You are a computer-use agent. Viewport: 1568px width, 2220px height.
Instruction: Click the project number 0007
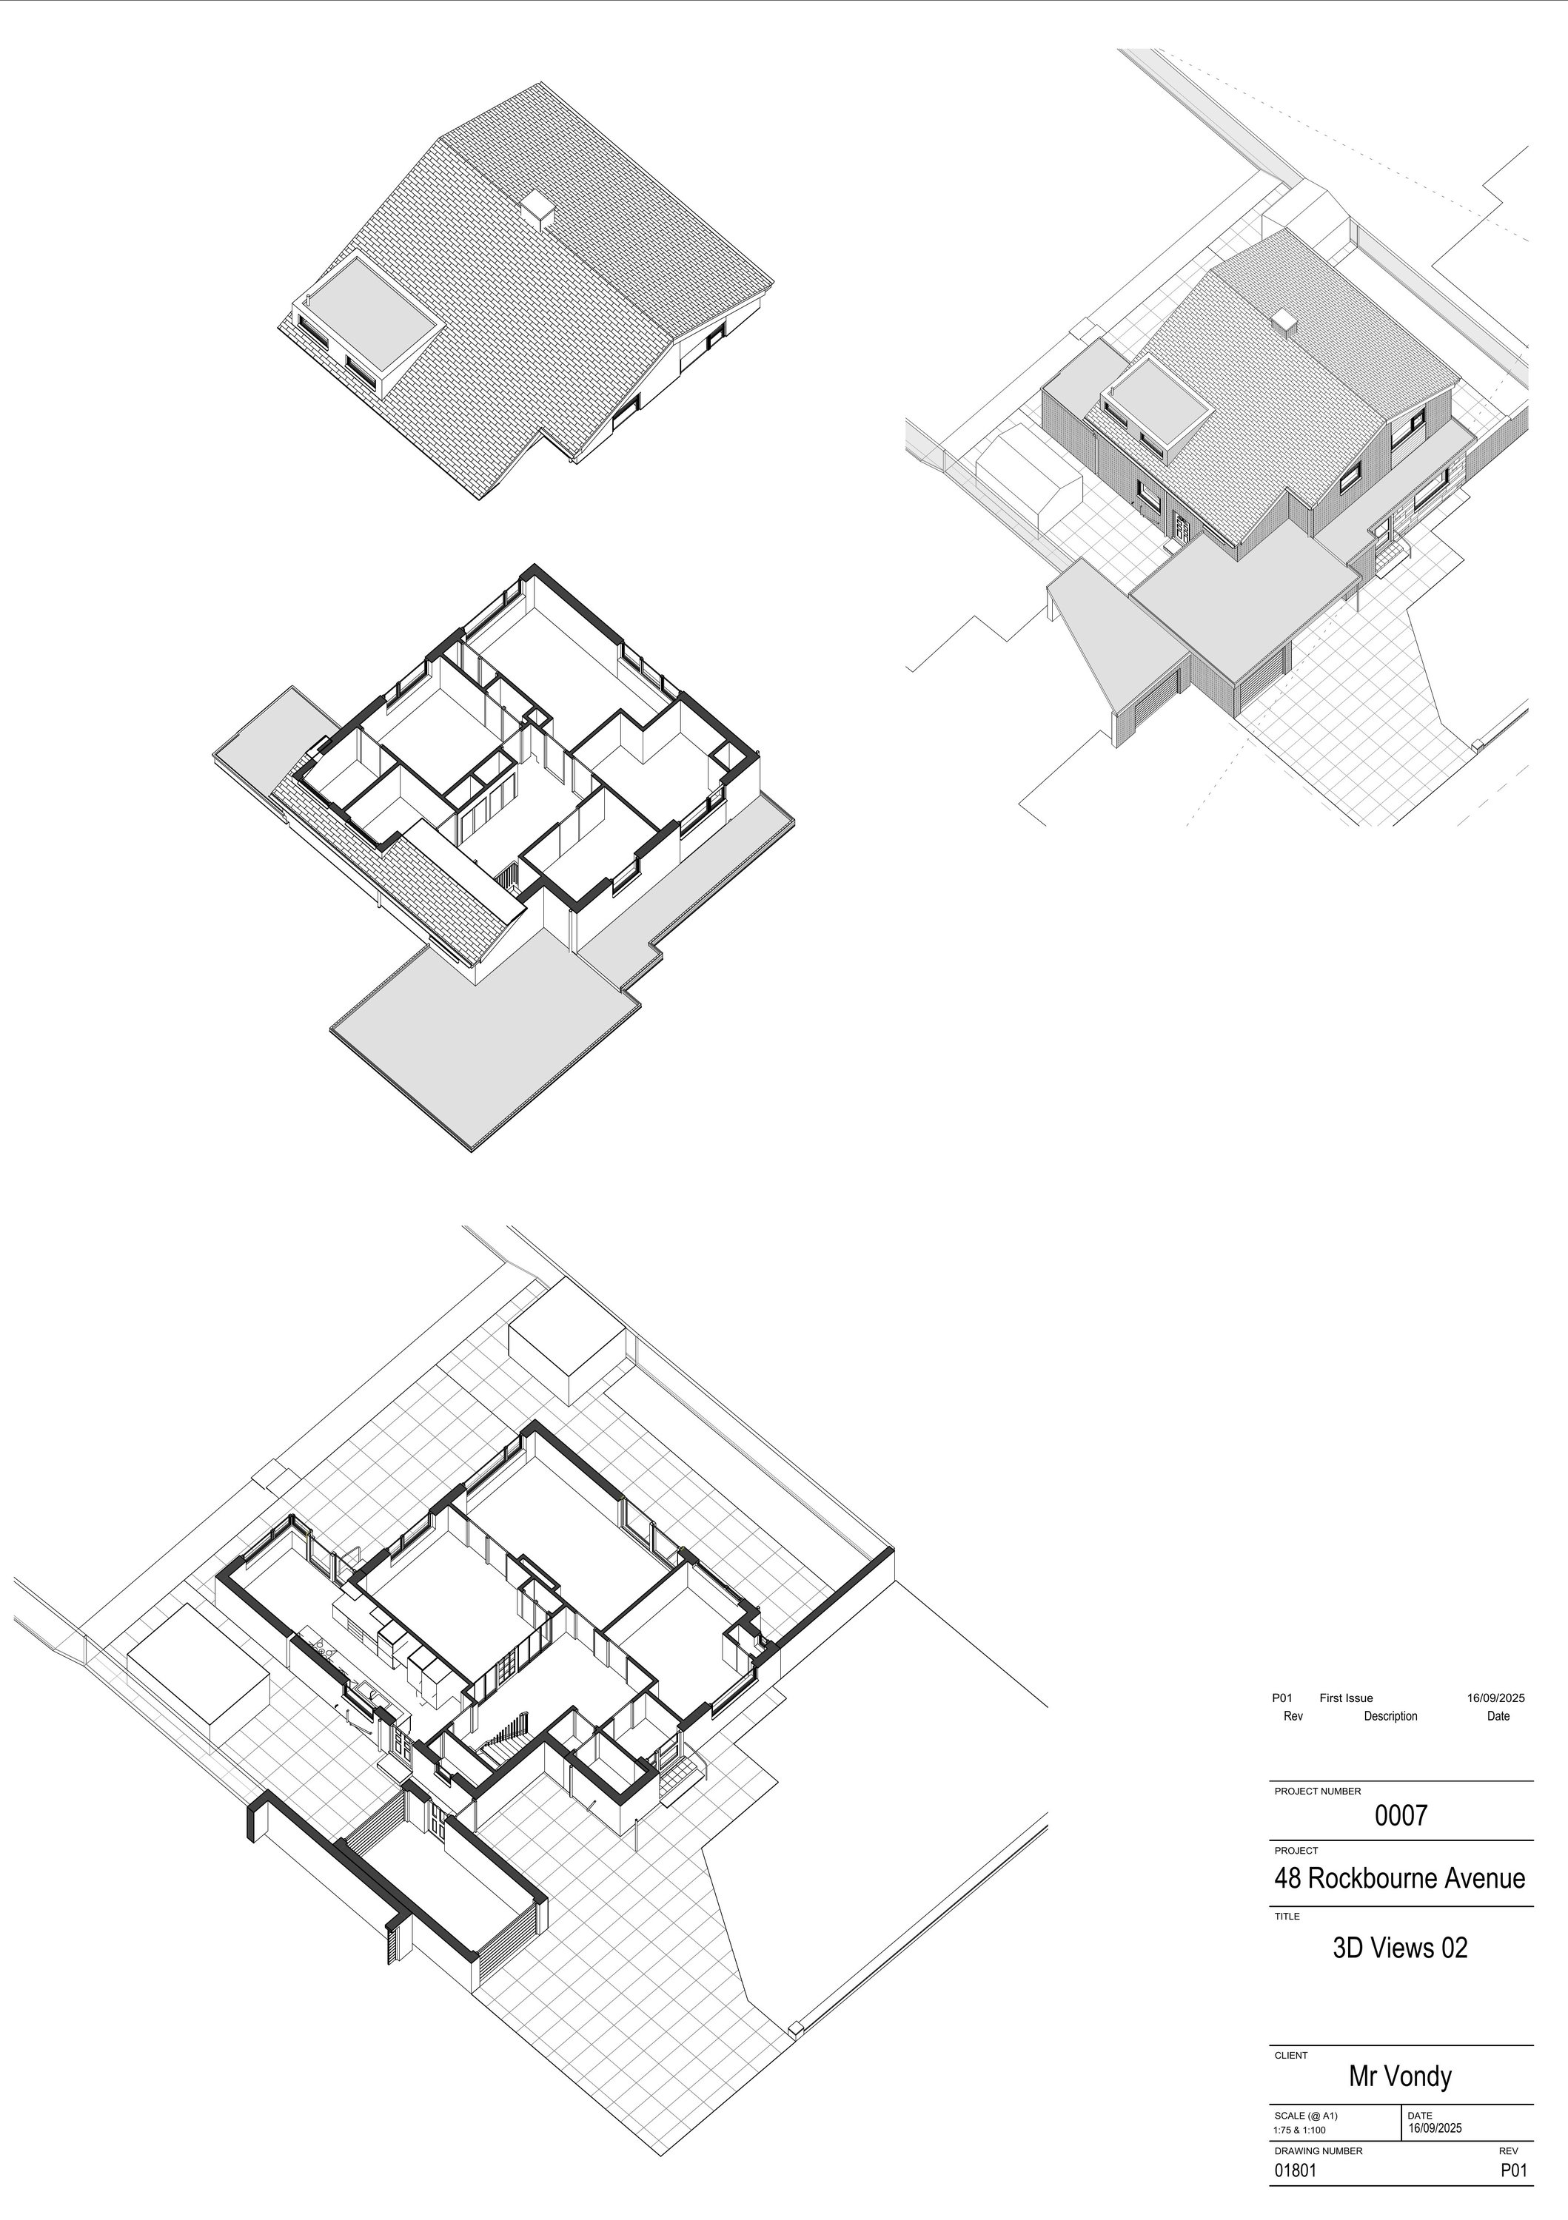(1401, 1816)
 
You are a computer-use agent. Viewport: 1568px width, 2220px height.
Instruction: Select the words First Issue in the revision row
(1345, 1698)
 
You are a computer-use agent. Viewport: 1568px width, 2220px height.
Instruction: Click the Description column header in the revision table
(1390, 1716)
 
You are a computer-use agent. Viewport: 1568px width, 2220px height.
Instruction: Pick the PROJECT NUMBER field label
(1318, 1792)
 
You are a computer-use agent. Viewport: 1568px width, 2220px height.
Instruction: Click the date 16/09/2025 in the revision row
(1495, 1698)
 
